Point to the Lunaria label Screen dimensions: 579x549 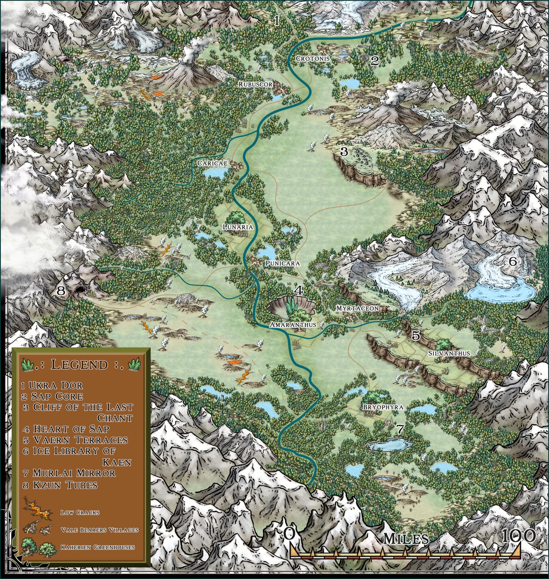[x=237, y=228]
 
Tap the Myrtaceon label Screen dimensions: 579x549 [x=357, y=308]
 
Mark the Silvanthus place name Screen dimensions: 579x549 [x=449, y=353]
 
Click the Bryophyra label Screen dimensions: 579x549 [x=383, y=407]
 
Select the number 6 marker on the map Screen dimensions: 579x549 [x=512, y=261]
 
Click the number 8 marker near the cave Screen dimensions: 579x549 [x=61, y=291]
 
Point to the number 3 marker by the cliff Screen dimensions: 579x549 [x=344, y=152]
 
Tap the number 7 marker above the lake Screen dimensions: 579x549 [x=399, y=428]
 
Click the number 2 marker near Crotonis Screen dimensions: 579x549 [x=374, y=61]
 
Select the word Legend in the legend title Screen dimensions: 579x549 [x=80, y=365]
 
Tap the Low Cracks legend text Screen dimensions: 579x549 [x=80, y=513]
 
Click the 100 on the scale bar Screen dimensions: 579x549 [x=519, y=536]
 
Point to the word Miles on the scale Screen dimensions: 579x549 [x=406, y=539]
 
